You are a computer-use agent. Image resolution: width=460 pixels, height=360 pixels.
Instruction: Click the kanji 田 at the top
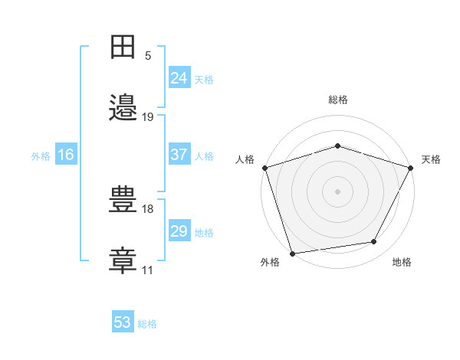click(x=123, y=47)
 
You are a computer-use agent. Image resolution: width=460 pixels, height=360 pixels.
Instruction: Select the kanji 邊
click(x=123, y=107)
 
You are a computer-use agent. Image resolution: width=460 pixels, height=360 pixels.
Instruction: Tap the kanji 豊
click(x=123, y=199)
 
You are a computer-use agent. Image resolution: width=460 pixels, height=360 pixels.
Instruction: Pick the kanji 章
click(x=123, y=260)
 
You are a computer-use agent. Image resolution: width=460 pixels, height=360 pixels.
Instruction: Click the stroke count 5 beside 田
click(x=148, y=56)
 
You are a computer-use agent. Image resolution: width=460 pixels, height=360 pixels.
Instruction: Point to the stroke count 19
click(x=147, y=117)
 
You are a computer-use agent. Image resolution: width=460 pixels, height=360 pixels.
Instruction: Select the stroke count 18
click(x=147, y=209)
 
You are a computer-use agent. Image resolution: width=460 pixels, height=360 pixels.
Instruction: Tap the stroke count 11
click(x=147, y=270)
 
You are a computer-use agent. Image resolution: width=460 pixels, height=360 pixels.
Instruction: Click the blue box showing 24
click(x=179, y=77)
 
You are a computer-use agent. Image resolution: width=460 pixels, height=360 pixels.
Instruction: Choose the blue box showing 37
click(x=179, y=154)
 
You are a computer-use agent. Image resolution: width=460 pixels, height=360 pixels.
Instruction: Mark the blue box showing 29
click(x=179, y=230)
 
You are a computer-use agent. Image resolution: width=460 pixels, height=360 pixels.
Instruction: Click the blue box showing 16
click(x=66, y=154)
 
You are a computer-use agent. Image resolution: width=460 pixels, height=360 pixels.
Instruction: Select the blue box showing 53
click(x=123, y=321)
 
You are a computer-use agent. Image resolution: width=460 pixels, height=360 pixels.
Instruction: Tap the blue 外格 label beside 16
click(x=41, y=156)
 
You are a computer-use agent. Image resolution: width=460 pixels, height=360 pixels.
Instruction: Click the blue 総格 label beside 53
click(x=147, y=324)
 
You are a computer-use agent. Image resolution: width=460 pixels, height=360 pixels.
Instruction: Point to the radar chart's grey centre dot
click(x=337, y=191)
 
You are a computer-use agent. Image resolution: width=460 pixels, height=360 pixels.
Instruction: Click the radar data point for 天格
click(x=411, y=168)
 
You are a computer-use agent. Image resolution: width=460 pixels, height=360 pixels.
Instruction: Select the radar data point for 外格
click(x=293, y=254)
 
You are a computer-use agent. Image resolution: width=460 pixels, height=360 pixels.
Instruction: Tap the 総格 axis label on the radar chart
click(x=338, y=100)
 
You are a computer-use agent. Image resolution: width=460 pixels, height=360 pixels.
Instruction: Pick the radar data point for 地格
click(x=374, y=241)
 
